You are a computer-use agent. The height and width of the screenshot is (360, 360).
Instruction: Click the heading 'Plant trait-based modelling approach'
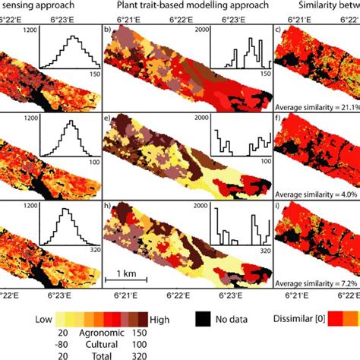pyautogui.click(x=187, y=6)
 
